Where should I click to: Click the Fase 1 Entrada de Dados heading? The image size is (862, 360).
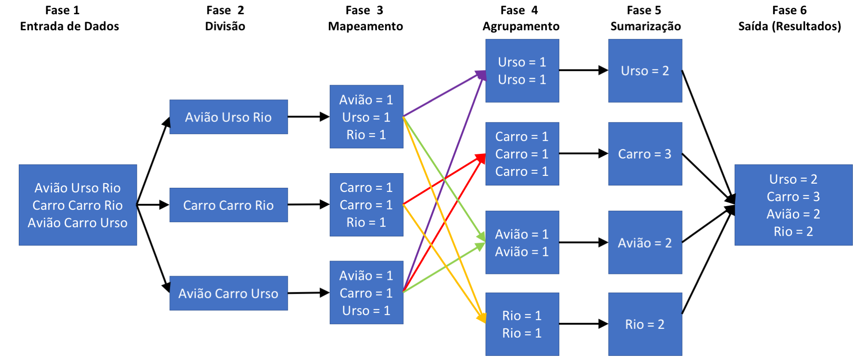[69, 18]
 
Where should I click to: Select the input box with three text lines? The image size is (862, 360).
[78, 205]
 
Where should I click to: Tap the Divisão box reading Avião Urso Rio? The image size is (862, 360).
[229, 117]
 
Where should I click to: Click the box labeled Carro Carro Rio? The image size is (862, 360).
[229, 205]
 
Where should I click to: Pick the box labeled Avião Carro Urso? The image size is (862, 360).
[229, 294]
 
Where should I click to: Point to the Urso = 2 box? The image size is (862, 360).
[645, 71]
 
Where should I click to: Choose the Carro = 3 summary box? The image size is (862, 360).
[645, 154]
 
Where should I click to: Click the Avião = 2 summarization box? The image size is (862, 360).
[645, 243]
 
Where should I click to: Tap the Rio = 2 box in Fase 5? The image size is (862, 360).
[645, 324]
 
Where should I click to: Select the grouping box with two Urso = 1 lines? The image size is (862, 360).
[522, 71]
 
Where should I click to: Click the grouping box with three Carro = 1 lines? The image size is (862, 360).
[522, 154]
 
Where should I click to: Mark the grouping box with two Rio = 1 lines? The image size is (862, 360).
[522, 324]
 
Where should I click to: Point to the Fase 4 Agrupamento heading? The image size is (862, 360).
[521, 18]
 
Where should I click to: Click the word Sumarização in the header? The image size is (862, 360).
[645, 27]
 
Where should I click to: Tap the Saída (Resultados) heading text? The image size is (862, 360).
[789, 27]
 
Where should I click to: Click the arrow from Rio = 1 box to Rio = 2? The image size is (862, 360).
[583, 324]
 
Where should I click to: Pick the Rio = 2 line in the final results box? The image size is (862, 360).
[793, 232]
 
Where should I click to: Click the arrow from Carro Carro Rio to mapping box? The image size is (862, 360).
[308, 204]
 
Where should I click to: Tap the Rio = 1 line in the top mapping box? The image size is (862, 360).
[366, 135]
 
